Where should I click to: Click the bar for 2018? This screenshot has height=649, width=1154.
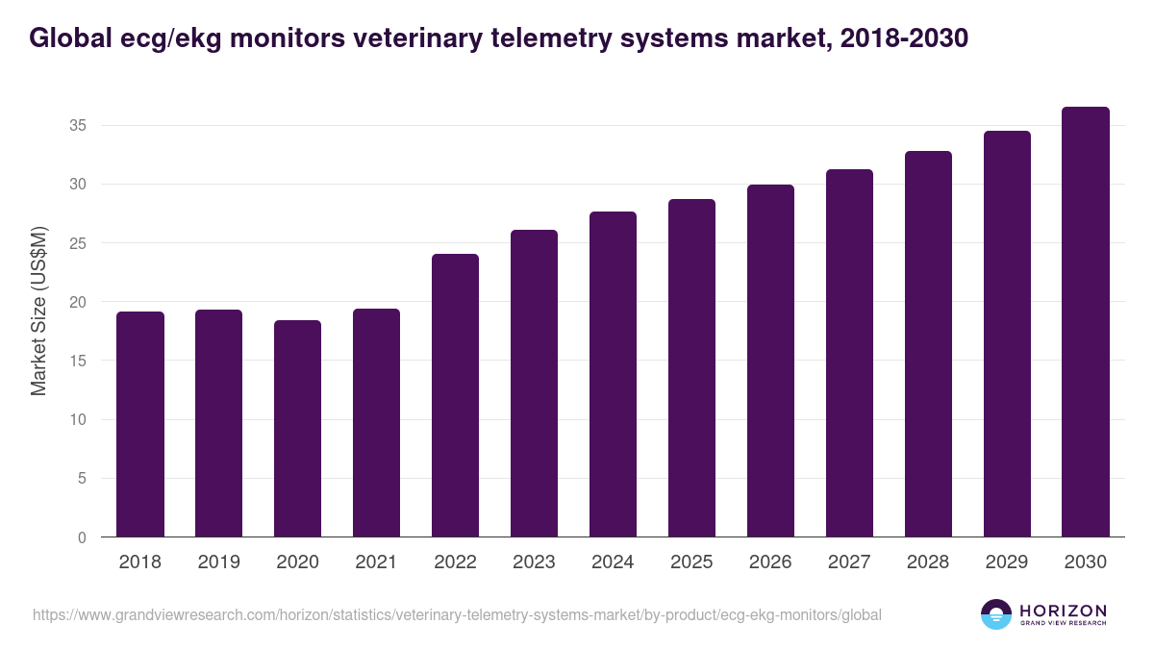pos(140,424)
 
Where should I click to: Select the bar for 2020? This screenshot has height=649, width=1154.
pos(298,429)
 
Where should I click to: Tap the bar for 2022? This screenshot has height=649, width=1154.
pos(456,395)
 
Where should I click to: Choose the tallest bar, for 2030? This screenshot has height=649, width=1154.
pos(1086,322)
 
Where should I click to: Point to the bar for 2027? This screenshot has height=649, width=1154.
pos(849,353)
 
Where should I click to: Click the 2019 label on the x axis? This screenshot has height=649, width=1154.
pos(219,562)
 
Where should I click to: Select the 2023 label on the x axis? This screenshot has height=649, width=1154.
pos(534,562)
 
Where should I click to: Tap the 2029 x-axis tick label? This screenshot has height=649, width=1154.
pos(1007,562)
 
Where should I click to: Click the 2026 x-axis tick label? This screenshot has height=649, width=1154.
pos(770,562)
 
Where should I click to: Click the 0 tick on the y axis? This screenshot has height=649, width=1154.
pos(83,537)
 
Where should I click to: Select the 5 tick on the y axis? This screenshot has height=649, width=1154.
pos(83,479)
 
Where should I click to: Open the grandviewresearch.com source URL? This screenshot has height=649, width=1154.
pos(457,614)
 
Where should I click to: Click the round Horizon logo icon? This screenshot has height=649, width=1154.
pos(996,614)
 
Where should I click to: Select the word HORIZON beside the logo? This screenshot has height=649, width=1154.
pos(1063,611)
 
